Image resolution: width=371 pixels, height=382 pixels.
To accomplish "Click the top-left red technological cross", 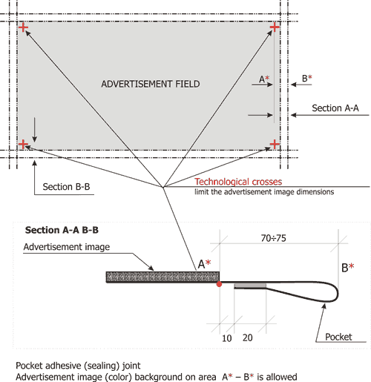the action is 23,27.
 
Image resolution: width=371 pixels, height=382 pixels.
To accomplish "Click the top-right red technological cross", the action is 275,27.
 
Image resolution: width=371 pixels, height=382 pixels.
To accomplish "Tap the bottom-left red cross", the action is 23,144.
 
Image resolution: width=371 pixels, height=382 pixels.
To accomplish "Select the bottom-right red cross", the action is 275,144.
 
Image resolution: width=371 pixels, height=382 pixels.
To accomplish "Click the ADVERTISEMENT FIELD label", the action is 151,84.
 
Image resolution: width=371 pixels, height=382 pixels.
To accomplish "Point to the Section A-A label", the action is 335,108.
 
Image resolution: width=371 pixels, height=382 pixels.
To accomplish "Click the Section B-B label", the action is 66,187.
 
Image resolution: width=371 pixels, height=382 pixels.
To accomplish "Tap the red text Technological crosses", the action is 238,182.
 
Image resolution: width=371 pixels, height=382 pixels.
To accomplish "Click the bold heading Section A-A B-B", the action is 62,230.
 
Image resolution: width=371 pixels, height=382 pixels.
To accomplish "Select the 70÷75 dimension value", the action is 274,238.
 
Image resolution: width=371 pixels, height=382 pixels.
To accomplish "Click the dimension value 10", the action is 227,338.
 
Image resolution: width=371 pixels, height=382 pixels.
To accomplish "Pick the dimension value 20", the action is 248,337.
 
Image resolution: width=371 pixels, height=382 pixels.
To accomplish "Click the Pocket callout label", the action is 338,337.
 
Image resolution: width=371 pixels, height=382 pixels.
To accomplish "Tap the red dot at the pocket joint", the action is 219,284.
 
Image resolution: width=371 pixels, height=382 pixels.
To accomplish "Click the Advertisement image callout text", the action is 67,247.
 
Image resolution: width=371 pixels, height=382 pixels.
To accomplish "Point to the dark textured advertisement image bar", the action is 162,277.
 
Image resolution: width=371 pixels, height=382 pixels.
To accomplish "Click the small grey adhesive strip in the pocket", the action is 250,286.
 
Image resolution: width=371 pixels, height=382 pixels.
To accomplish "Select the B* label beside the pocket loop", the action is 348,268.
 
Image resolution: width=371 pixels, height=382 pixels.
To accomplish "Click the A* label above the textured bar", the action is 204,264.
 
